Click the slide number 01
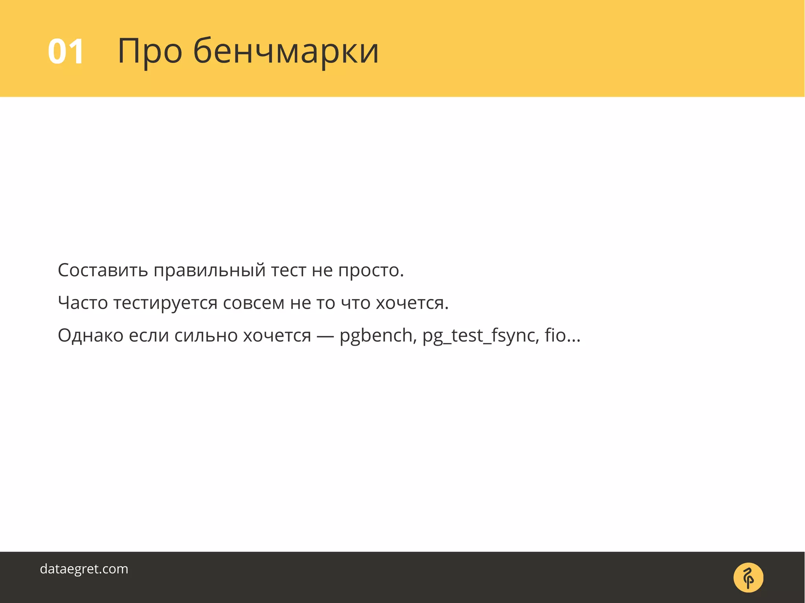[x=66, y=51]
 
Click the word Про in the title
[x=150, y=51]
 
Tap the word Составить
[x=103, y=270]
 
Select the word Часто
[x=83, y=303]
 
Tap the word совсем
[x=254, y=303]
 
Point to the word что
[x=355, y=303]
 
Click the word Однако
[x=90, y=335]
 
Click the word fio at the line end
[x=555, y=335]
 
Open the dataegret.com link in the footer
[x=84, y=569]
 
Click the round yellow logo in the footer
[x=748, y=577]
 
